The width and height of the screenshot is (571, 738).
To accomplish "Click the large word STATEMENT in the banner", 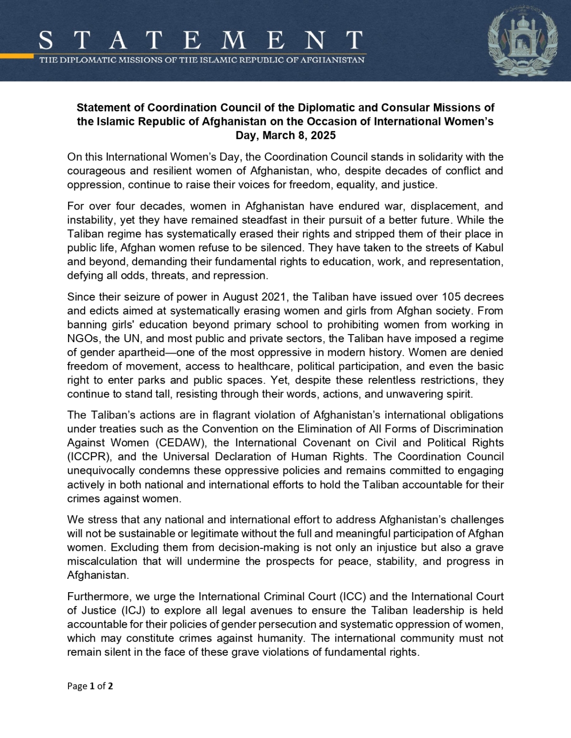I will pos(200,41).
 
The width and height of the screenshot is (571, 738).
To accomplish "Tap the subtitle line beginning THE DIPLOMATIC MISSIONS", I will pos(202,60).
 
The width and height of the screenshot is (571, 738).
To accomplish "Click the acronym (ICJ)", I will pos(133,610).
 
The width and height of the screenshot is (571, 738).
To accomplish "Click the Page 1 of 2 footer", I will pos(90,686).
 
